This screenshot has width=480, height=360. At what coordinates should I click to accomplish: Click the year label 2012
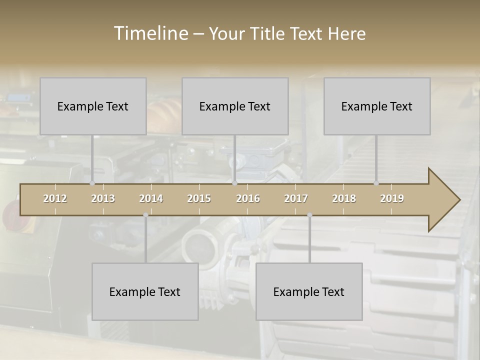(55, 198)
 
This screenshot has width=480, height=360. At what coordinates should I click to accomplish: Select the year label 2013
(103, 198)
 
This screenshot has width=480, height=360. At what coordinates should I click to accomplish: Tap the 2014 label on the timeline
(151, 198)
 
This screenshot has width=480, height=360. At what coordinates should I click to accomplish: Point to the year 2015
(199, 198)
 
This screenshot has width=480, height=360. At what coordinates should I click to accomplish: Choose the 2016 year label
(248, 198)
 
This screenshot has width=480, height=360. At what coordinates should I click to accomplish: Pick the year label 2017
(296, 198)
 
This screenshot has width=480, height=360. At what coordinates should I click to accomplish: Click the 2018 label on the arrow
(344, 198)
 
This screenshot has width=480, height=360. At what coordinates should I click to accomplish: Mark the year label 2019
(392, 198)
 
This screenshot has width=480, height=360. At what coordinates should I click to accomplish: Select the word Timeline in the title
(150, 33)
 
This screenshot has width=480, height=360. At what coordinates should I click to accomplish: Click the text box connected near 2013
(93, 106)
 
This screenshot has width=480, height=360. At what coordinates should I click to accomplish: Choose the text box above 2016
(235, 106)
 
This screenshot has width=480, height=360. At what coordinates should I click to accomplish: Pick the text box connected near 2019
(377, 106)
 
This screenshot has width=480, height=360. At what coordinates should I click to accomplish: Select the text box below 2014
(145, 291)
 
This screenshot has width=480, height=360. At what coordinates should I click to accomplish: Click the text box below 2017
(309, 291)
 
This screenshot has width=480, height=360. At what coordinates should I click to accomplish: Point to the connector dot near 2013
(92, 183)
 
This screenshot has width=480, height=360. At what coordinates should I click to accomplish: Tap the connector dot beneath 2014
(145, 215)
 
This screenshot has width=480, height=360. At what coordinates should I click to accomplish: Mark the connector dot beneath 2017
(309, 215)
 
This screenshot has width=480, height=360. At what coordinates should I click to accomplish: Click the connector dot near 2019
(376, 183)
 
